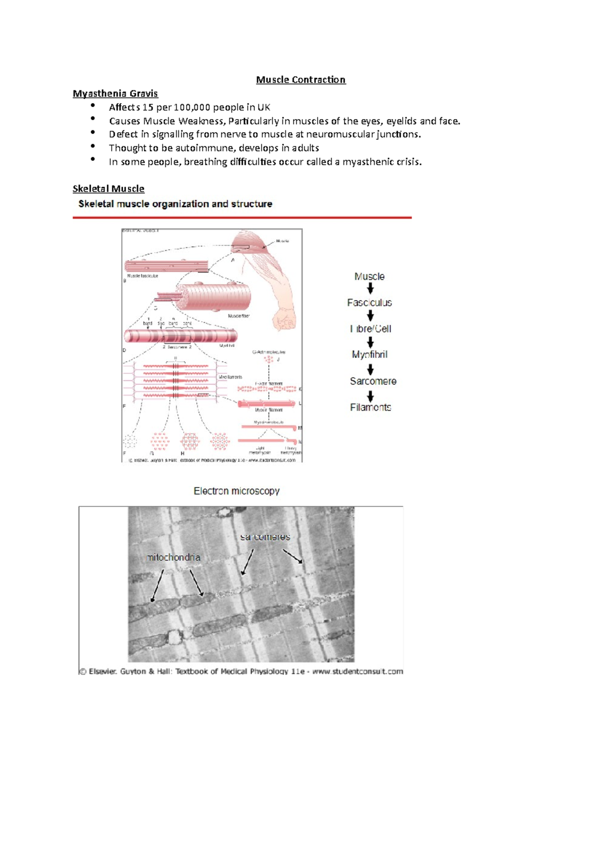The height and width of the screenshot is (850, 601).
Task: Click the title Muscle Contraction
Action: coord(300,80)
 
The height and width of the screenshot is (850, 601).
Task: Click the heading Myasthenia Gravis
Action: coord(115,94)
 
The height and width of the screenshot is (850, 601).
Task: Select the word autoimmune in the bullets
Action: coord(204,148)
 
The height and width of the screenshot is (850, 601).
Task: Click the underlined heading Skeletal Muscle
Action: coord(108,189)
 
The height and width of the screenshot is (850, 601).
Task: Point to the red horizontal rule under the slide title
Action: coord(242,218)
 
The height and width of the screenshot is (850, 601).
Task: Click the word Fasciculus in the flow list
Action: coord(369,303)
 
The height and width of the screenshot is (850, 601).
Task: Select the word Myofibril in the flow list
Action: coord(369,354)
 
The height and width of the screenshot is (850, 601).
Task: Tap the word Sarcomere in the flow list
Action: coord(373,381)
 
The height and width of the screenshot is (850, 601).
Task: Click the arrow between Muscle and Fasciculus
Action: coord(370,289)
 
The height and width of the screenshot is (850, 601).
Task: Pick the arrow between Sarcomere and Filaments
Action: coord(370,396)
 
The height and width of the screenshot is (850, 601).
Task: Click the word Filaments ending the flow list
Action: coord(370,407)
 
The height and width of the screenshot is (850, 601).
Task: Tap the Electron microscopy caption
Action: coord(236,491)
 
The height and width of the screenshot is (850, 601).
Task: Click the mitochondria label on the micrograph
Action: coord(173,557)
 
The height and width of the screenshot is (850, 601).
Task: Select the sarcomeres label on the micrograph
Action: coord(265,537)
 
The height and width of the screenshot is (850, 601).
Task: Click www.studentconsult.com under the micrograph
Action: coord(358,671)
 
